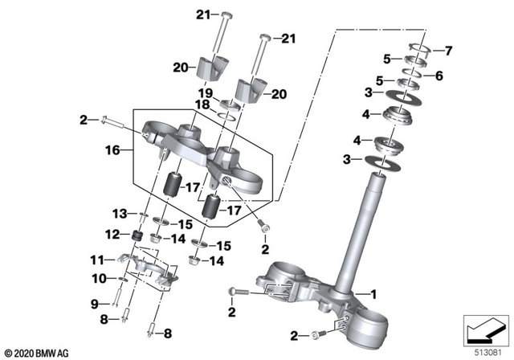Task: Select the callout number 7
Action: tap(449, 51)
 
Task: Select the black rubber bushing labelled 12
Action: tap(136, 236)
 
